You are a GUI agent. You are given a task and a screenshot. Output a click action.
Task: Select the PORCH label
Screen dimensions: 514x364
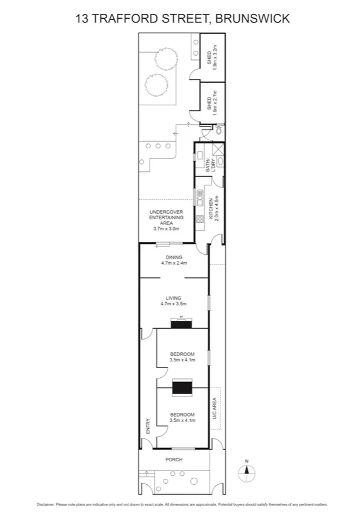click(x=174, y=460)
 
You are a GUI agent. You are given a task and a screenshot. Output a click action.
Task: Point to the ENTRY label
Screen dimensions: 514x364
click(x=147, y=427)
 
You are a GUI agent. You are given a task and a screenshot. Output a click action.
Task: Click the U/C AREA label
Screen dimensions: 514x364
click(x=214, y=409)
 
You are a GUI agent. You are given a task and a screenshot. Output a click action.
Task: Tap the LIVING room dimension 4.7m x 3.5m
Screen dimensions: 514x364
click(x=174, y=304)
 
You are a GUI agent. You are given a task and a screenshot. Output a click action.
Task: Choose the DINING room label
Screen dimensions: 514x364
click(x=174, y=257)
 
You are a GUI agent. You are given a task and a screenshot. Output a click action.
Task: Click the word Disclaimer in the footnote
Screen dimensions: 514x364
click(x=45, y=504)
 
